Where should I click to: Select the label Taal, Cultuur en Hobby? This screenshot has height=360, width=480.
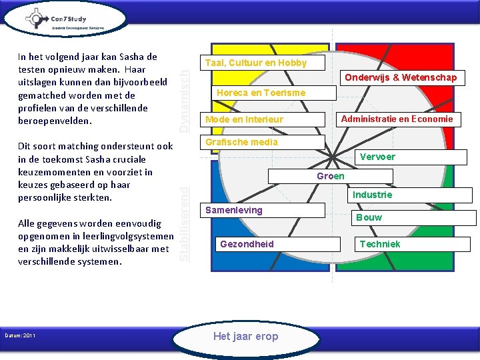[x=257, y=63]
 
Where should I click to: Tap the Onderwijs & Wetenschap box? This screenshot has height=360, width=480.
[x=401, y=78]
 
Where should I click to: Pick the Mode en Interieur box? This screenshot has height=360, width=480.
[x=244, y=119]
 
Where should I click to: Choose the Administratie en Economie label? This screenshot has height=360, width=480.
[x=397, y=119]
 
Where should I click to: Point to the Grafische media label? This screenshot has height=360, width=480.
[x=241, y=142]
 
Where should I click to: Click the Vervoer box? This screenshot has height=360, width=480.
[x=377, y=157]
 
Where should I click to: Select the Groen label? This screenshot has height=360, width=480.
[x=331, y=176]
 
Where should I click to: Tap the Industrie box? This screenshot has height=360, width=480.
[x=372, y=195]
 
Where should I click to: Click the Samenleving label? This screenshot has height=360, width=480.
[x=234, y=210]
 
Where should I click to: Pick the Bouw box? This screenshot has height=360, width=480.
[x=369, y=217]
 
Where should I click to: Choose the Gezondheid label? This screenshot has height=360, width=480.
[x=247, y=244]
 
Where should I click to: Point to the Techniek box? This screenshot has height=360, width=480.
[x=380, y=244]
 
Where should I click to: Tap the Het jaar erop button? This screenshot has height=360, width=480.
[x=245, y=336]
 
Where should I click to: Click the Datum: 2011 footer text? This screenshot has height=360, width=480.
[x=21, y=335]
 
